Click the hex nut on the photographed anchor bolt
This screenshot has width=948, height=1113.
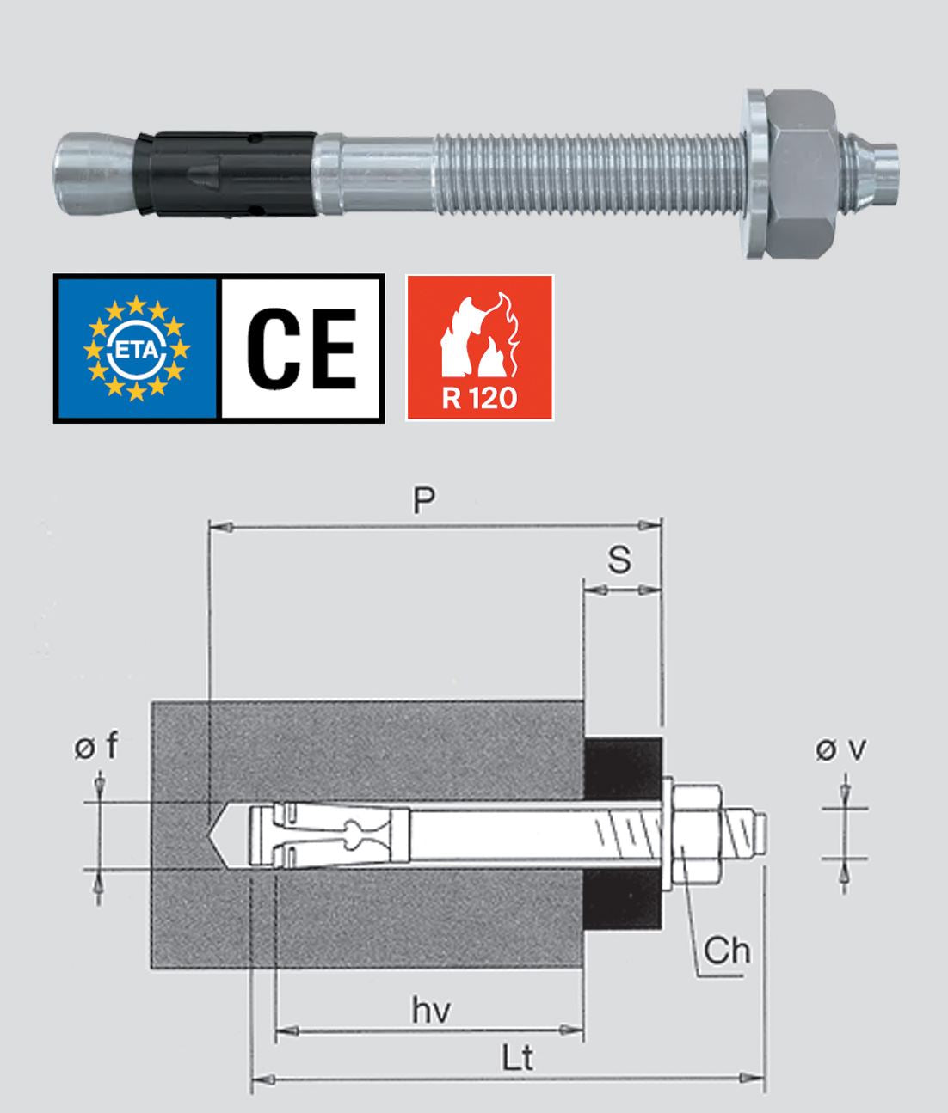(x=802, y=174)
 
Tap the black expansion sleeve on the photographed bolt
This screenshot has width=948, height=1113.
(x=225, y=174)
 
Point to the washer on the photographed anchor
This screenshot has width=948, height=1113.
(x=755, y=174)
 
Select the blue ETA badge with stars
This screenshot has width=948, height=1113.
(x=137, y=348)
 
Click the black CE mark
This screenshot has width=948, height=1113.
(x=302, y=348)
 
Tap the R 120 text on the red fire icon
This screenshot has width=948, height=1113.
(x=479, y=399)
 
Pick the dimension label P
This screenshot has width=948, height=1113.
(x=423, y=501)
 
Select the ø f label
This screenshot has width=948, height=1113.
(x=96, y=745)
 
